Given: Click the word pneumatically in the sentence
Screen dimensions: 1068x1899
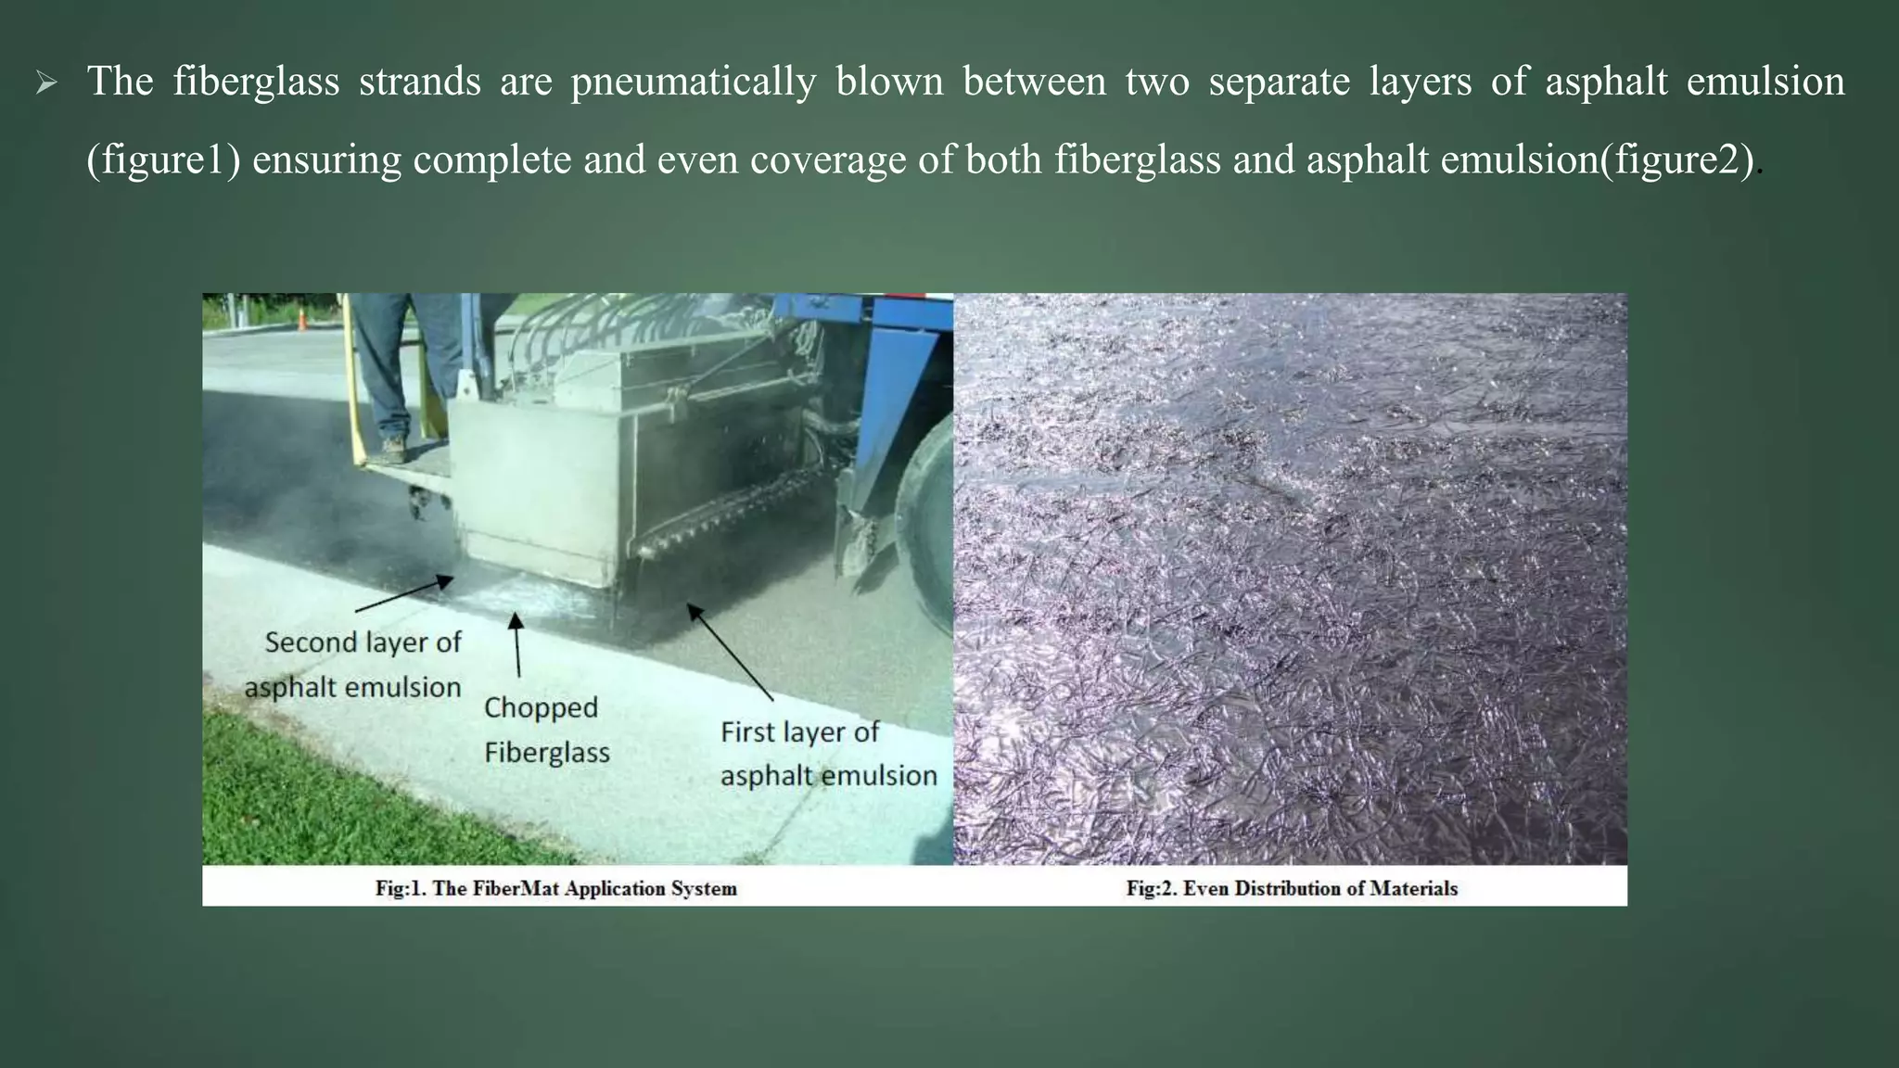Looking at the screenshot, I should coord(693,82).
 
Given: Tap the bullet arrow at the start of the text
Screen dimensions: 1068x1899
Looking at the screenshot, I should coord(46,84).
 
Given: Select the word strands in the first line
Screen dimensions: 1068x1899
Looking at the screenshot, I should coord(420,82).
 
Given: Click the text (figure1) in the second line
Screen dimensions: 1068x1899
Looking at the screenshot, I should coord(163,160).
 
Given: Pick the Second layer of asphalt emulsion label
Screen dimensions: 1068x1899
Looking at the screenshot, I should coord(354,665).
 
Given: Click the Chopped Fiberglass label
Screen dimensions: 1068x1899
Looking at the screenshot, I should coord(546,730).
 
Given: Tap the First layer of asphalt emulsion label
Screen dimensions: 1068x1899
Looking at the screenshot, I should coord(827,754).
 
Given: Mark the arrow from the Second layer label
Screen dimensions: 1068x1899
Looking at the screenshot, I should coord(404,594).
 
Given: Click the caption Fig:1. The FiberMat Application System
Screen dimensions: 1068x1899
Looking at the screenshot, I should coord(555,888).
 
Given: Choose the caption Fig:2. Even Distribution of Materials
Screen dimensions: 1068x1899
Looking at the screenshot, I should coord(1292,888).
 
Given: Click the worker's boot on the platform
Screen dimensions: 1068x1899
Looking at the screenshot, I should coord(393,450).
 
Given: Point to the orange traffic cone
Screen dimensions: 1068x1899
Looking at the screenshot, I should coord(301,320).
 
